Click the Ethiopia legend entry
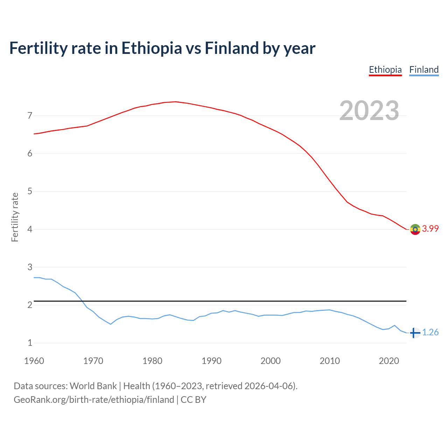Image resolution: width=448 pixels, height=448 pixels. tap(385, 70)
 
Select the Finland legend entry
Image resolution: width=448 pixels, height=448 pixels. tap(424, 70)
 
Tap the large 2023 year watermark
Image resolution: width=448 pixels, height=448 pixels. tap(369, 111)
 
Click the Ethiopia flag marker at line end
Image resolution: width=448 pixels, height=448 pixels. tap(415, 229)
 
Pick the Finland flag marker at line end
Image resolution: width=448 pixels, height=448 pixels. tap(415, 333)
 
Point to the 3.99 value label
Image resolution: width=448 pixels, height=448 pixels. tap(430, 229)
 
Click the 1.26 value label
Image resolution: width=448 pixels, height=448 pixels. tap(430, 332)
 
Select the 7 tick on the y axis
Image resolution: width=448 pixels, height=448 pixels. tap(30, 115)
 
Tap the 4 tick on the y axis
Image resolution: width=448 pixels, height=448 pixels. tap(30, 229)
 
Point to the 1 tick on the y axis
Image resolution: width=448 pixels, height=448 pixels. tap(30, 343)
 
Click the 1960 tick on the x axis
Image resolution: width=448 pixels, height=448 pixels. tap(34, 361)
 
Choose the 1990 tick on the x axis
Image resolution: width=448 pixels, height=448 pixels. tap(211, 361)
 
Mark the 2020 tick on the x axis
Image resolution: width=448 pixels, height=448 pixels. tap(389, 361)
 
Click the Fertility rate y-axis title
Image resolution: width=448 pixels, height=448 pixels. tap(15, 217)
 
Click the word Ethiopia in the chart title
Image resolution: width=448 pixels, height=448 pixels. tap(152, 48)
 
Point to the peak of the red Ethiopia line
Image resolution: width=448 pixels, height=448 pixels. tap(175, 101)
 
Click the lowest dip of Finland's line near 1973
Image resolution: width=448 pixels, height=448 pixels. tap(111, 324)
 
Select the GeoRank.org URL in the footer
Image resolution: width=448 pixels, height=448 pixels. tap(94, 400)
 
